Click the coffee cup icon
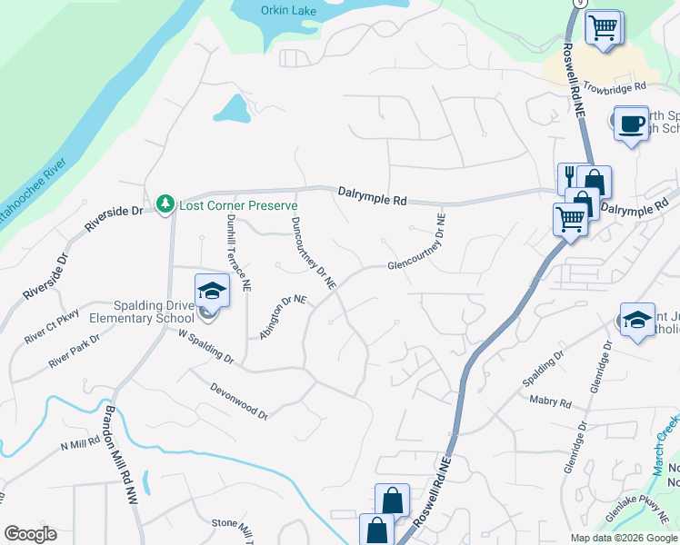[631, 123]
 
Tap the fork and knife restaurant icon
[570, 174]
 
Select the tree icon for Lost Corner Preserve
[165, 204]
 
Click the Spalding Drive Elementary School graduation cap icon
[212, 290]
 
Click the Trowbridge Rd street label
[614, 87]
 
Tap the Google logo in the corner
[30, 534]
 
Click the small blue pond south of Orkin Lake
[232, 109]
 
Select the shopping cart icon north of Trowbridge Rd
[602, 27]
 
